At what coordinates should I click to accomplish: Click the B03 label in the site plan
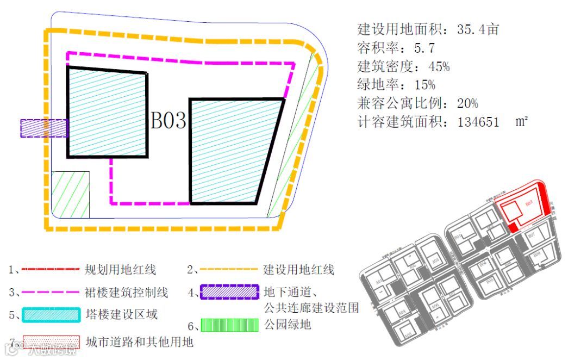[168, 121]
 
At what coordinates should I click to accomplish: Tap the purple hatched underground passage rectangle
[43, 128]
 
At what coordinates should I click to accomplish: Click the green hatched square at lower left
[70, 194]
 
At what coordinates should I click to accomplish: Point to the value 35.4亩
[478, 29]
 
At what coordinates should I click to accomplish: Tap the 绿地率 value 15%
[424, 85]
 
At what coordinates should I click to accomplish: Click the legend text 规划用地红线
[121, 269]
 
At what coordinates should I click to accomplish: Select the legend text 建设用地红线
[298, 269]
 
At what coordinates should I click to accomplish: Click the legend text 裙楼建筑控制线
[127, 293]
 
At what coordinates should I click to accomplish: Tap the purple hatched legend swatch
[229, 293]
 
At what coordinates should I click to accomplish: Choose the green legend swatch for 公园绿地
[229, 325]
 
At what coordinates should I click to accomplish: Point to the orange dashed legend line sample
[229, 269]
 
